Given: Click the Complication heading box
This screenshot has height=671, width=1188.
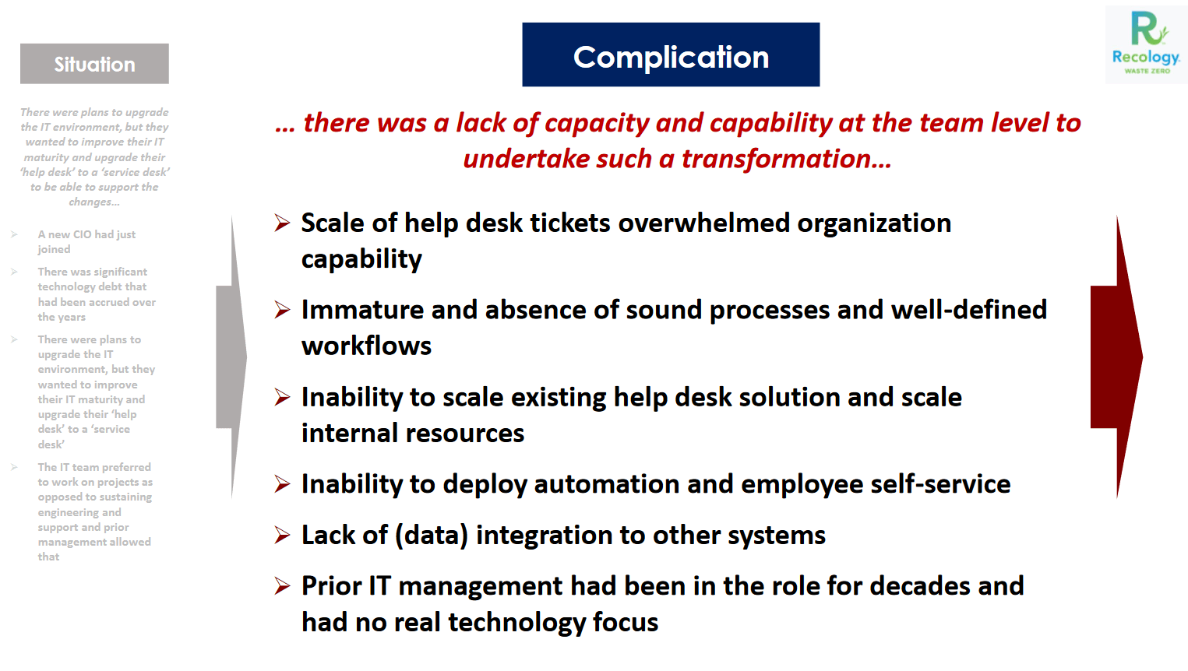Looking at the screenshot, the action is point(671,54).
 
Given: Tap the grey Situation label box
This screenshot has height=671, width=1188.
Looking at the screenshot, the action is point(94,64).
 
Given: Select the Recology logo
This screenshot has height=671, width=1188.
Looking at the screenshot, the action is point(1146,44).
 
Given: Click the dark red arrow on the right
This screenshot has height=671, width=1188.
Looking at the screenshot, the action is point(1116,357).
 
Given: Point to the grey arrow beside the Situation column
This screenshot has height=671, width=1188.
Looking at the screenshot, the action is point(232,357).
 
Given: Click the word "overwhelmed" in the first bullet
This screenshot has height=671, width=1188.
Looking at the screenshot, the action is point(703,223).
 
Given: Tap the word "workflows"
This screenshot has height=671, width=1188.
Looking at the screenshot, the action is point(366,346).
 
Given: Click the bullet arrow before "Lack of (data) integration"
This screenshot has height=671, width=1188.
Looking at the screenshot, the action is point(282,535).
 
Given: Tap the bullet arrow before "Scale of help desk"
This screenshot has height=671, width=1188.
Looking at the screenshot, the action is point(282,223).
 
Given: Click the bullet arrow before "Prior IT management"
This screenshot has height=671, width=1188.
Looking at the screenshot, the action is point(282,585).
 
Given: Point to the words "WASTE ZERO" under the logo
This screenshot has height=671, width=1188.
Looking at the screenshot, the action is point(1147,71).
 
